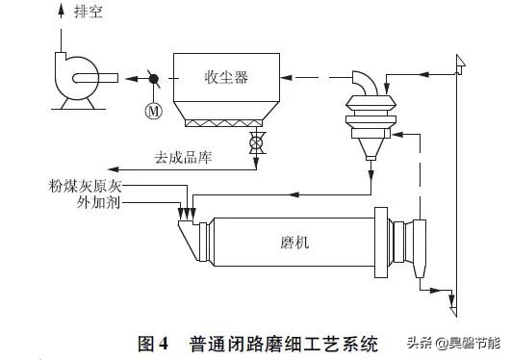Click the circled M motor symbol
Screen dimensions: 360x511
(x=151, y=110)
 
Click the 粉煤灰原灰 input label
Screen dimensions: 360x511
(x=85, y=184)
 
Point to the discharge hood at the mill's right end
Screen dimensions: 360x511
(x=415, y=241)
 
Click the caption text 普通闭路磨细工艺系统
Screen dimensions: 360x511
(x=279, y=343)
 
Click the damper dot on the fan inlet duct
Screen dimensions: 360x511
(x=151, y=77)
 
